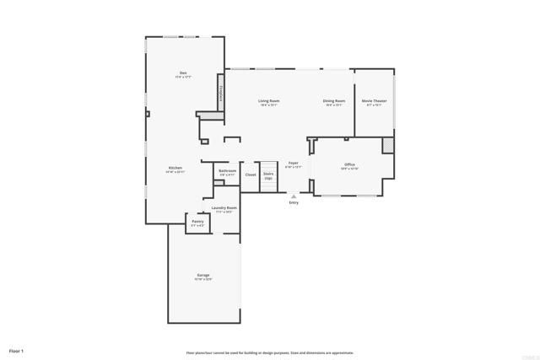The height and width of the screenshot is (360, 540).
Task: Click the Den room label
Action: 183,73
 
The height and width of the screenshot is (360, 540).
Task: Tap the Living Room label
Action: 269,101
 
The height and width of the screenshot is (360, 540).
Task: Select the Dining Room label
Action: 333,101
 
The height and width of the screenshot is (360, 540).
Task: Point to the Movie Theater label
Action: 372,101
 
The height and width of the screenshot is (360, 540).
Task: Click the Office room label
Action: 349,164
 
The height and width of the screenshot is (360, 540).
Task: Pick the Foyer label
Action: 294,163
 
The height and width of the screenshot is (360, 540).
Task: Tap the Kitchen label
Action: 175,168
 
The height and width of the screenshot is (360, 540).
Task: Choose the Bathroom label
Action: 227,171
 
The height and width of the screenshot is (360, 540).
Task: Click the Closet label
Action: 251,175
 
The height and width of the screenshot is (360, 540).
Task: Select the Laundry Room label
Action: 224,207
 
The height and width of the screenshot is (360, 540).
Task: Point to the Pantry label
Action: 197,222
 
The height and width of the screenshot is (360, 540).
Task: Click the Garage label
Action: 203,275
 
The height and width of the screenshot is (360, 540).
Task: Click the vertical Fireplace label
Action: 221,94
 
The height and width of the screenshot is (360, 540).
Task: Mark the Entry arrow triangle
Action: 294,196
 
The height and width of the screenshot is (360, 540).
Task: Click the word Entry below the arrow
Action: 294,203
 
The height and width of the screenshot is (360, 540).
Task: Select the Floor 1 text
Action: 17,350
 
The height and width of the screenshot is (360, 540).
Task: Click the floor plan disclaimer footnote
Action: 270,352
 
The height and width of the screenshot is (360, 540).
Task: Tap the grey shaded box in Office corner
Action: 387,145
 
